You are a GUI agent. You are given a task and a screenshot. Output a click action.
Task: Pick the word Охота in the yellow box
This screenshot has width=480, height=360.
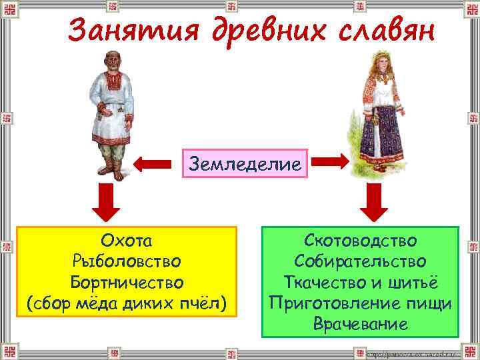[127, 240]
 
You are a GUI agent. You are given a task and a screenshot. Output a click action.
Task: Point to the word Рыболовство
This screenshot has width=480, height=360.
[127, 260]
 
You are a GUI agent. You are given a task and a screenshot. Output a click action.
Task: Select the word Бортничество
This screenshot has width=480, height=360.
[127, 281]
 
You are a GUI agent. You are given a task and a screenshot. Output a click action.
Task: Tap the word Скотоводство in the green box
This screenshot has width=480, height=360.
[361, 240]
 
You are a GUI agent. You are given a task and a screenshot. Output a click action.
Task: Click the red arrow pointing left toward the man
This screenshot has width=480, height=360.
[154, 163]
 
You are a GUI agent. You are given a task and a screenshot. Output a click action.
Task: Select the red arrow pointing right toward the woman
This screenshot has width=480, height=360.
[329, 162]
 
